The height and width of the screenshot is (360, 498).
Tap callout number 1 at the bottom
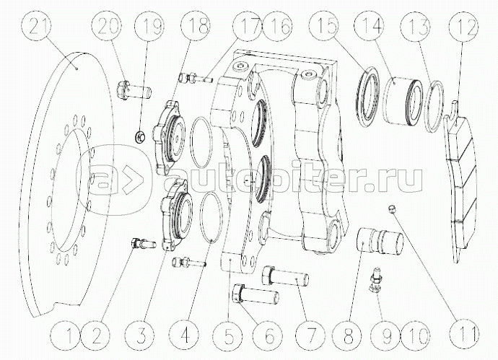(x=69, y=335)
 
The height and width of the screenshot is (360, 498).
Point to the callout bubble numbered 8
(x=351, y=335)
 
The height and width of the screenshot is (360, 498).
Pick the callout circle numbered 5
(x=230, y=335)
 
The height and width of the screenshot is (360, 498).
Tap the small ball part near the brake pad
(x=390, y=209)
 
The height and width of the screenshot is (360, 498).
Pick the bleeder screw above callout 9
(x=375, y=280)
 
